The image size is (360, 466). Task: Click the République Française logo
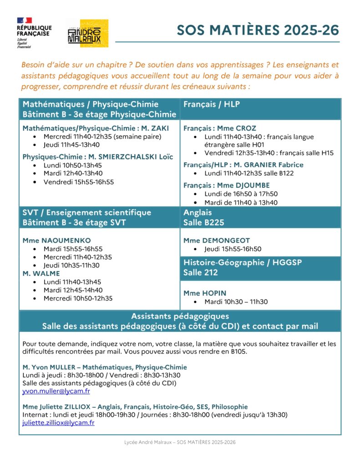(34, 33)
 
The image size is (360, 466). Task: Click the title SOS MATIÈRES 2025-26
(258, 30)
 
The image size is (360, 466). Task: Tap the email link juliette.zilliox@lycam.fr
(58, 423)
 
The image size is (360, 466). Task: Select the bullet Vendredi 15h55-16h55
(79, 182)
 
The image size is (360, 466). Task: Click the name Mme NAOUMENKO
(56, 240)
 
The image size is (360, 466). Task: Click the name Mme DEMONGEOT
(217, 240)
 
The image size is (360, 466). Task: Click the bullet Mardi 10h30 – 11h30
(236, 302)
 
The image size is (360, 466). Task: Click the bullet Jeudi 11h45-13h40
(71, 145)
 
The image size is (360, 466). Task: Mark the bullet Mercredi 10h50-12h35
(78, 299)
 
